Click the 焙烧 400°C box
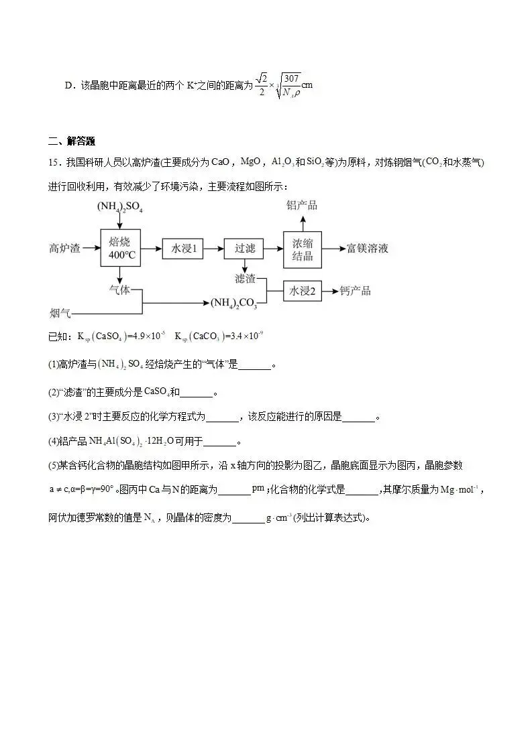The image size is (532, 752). coord(119,248)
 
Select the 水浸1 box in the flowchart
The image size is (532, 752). coord(181,249)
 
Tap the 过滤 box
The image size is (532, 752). coord(244,249)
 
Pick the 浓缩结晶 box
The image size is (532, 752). coord(303,249)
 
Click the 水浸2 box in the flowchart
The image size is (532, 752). coord(303,291)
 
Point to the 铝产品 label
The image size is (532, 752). coord(302,205)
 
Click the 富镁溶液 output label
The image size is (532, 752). coord(367,249)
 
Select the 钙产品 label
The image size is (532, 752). coord(355,291)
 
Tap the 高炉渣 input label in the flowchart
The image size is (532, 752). coord(64,249)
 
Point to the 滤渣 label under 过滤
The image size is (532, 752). coord(245,277)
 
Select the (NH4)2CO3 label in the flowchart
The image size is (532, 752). coord(234,304)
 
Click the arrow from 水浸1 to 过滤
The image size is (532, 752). coord(213,249)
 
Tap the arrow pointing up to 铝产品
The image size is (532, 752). coord(303,222)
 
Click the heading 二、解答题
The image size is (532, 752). coord(72,141)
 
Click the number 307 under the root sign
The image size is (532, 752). coord(291,78)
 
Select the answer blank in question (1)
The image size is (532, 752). coord(255,365)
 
